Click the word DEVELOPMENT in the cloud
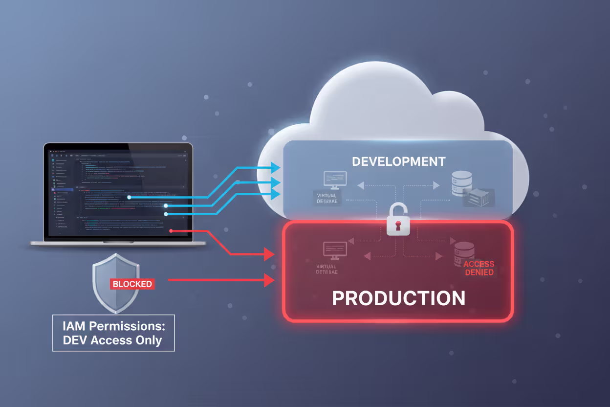coord(399,161)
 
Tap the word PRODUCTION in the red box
coord(398,298)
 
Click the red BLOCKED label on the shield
coord(132,284)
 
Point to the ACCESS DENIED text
coord(479,268)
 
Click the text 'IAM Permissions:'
coord(113,325)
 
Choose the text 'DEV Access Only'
coord(113,340)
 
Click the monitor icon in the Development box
coord(335,180)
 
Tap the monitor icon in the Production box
coord(335,250)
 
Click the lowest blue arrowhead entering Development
coord(275,195)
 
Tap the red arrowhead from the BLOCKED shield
coord(268,280)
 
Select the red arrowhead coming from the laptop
coord(268,254)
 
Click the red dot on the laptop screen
coord(171,230)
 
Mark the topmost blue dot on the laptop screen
coord(129,197)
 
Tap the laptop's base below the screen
coord(117,243)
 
